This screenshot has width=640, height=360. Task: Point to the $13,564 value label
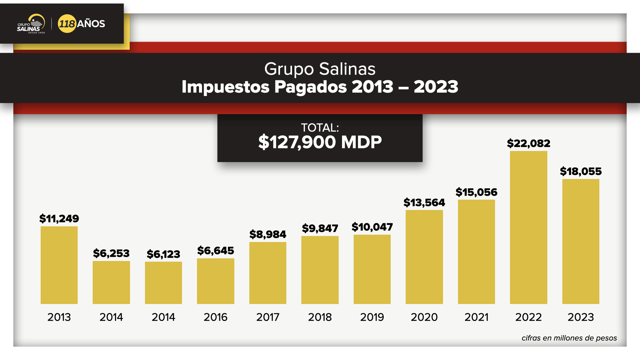[x=424, y=202]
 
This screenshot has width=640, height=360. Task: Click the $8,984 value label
[x=268, y=234]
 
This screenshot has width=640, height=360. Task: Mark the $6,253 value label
[x=111, y=253]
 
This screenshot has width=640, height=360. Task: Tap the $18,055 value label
[x=581, y=171]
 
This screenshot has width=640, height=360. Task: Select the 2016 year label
[x=215, y=317]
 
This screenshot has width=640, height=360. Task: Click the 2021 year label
[x=476, y=317]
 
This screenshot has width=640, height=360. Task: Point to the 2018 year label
[x=320, y=317]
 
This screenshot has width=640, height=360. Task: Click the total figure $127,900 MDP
[x=320, y=142]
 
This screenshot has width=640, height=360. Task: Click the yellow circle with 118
[x=67, y=24]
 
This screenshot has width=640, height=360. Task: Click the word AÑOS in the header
[x=91, y=24]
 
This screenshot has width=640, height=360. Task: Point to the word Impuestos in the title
[x=225, y=87]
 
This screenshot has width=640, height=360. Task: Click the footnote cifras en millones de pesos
[x=569, y=338]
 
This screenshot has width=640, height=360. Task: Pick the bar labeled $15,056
[x=476, y=252]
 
